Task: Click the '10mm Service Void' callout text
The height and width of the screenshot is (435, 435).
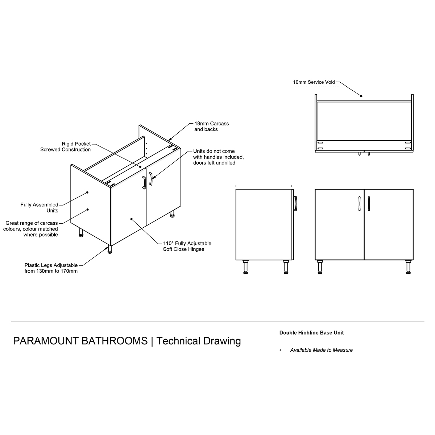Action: [314, 82]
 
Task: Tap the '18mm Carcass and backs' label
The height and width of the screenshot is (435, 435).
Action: [211, 127]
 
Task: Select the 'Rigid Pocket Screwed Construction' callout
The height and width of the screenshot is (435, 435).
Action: [66, 146]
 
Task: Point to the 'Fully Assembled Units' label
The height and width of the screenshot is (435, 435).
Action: [39, 207]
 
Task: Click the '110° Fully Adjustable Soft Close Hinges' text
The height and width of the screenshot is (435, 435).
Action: [187, 246]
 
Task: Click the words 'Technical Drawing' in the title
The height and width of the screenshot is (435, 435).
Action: [198, 341]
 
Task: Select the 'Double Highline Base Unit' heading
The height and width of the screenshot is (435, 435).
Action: [311, 332]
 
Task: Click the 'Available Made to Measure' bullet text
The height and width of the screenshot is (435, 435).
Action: [322, 350]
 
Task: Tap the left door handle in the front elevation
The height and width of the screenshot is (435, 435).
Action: [359, 204]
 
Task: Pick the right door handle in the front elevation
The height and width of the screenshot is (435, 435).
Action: [369, 204]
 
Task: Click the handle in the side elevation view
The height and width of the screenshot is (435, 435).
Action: [295, 204]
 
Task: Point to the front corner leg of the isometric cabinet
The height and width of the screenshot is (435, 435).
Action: [110, 249]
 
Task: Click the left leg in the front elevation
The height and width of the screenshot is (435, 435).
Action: [320, 267]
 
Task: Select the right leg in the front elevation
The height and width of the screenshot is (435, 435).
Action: [408, 267]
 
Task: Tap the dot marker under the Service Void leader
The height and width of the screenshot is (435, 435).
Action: [361, 96]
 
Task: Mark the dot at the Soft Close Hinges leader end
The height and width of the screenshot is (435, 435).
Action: [131, 219]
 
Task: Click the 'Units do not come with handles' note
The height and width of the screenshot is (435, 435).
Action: [218, 157]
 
